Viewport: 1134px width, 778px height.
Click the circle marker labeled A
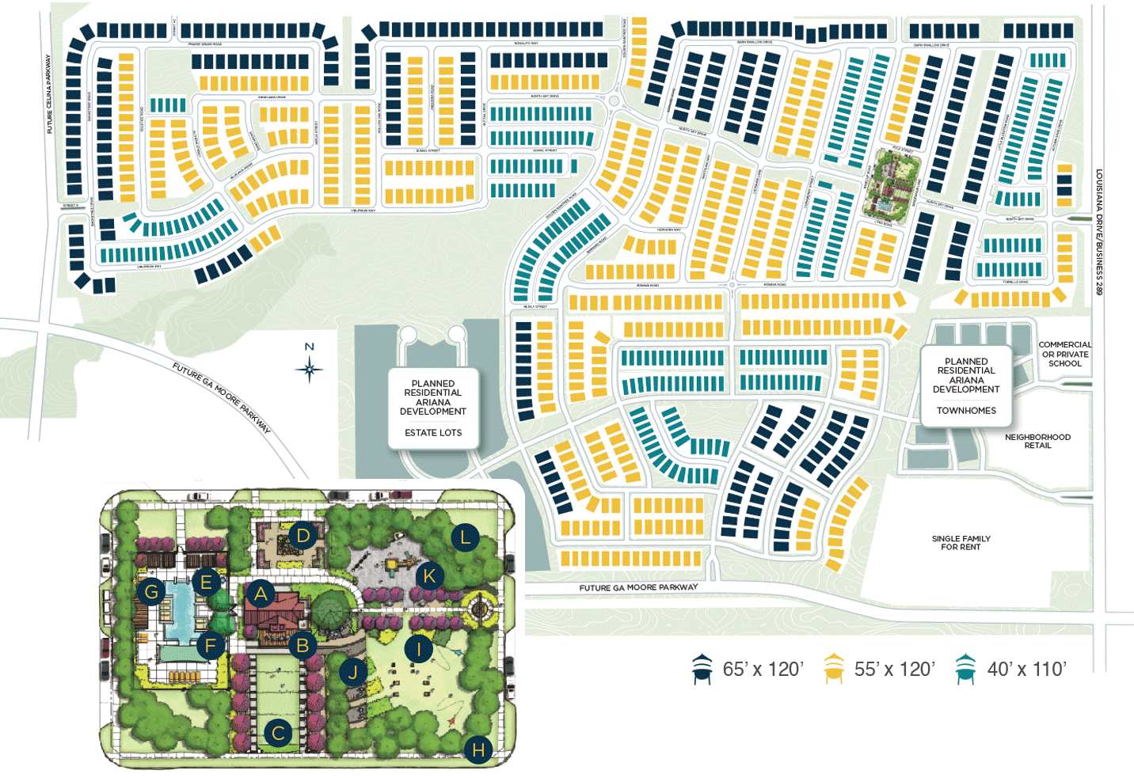click(x=261, y=594)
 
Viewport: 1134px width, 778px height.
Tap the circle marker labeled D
click(x=303, y=536)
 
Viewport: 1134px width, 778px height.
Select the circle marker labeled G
click(x=151, y=590)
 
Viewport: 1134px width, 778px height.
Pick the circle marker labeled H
click(x=478, y=750)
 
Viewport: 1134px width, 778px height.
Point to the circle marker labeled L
click(x=466, y=538)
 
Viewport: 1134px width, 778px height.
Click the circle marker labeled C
click(x=278, y=734)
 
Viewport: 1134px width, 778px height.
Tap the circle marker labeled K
click(x=429, y=575)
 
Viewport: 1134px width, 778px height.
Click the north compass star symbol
click(x=310, y=369)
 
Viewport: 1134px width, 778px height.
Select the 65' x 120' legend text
click(x=763, y=670)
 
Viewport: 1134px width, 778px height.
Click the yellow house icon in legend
click(x=833, y=669)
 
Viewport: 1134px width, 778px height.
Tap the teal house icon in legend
click(x=965, y=669)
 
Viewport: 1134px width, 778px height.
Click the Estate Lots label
click(x=433, y=433)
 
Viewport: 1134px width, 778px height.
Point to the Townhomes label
click(x=966, y=411)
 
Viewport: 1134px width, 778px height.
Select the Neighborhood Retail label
click(x=1037, y=441)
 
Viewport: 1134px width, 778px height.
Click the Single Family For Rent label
click(x=961, y=543)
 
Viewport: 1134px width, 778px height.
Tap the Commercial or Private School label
click(x=1064, y=354)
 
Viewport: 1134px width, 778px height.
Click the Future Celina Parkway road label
click(x=49, y=93)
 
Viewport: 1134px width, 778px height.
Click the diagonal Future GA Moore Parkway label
click(x=222, y=398)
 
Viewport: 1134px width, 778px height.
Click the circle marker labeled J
click(x=353, y=673)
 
